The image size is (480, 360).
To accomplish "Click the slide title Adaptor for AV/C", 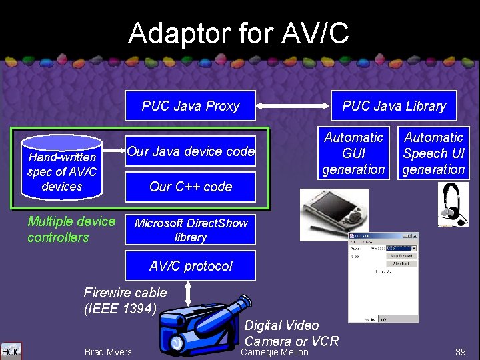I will [238, 33].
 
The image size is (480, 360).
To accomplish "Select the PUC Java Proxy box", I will [191, 106].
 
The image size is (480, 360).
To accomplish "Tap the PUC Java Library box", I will [394, 106].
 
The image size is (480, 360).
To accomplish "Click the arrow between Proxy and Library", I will [293, 105].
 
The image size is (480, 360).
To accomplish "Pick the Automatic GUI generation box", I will [353, 153].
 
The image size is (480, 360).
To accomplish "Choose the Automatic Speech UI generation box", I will [433, 153].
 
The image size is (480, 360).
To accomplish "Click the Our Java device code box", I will [191, 151].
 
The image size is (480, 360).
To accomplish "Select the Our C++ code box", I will [191, 187].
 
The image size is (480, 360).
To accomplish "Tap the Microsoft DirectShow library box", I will [191, 230].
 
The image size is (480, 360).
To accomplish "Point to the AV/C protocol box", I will [191, 266].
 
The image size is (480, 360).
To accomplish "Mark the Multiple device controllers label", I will [71, 229].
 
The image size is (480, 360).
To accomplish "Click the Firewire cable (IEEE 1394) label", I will [125, 300].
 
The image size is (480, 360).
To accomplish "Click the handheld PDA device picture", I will [325, 213].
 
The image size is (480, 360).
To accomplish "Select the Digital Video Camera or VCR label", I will [291, 333].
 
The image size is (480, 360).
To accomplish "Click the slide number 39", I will [460, 351].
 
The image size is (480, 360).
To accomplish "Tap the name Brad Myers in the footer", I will [108, 352].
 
